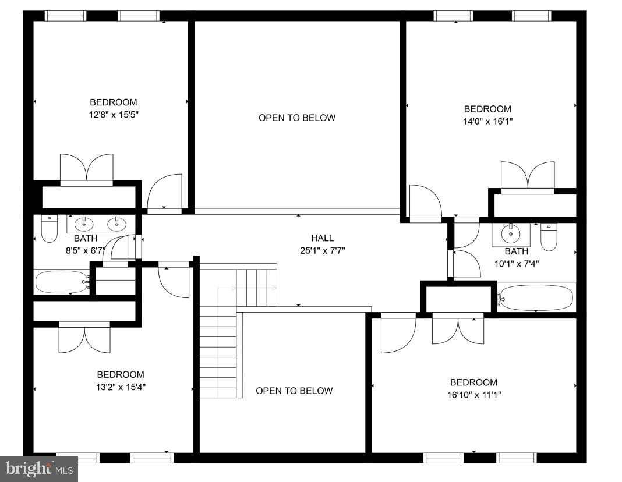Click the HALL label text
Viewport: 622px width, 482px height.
point(322,238)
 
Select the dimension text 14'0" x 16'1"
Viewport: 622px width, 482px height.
point(487,122)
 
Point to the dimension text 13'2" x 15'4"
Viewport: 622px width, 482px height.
point(121,387)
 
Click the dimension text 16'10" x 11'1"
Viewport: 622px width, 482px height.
point(473,395)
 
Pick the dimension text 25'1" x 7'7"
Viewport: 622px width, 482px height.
point(322,250)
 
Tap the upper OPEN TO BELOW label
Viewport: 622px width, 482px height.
point(297,118)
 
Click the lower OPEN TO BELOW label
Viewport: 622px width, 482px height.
point(294,391)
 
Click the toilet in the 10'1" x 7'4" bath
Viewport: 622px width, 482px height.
point(549,236)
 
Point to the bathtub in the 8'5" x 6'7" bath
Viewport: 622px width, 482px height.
point(61,282)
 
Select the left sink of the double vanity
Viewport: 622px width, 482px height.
point(84,222)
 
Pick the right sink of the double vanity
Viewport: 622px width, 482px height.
point(117,222)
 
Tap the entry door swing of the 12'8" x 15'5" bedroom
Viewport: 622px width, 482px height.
point(165,192)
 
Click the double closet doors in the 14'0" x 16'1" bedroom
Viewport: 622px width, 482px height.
point(528,176)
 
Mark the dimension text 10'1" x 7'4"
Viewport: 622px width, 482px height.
point(517,263)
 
